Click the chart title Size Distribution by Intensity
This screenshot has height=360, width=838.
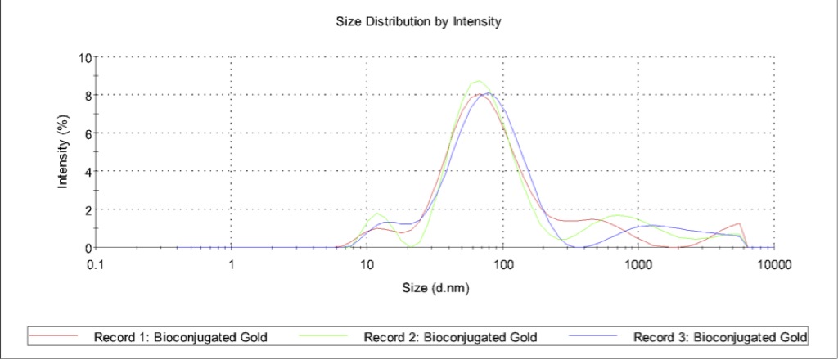point(418,21)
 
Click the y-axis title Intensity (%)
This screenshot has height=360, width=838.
point(63,152)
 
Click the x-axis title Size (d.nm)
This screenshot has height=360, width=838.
point(435,287)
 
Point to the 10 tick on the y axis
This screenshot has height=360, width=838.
point(84,57)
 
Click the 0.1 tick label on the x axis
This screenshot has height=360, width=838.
point(97,264)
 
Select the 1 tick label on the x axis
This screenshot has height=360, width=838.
point(232,264)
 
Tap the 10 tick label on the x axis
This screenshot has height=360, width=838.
point(367,264)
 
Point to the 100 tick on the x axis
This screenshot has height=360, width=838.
point(503,264)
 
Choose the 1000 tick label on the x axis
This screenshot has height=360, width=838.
point(638,264)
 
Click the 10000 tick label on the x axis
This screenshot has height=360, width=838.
point(773,264)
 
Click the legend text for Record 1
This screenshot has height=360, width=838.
point(181,337)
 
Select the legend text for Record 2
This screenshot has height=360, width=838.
point(451,337)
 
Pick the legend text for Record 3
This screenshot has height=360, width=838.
point(721,337)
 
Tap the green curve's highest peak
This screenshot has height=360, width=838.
point(478,81)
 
